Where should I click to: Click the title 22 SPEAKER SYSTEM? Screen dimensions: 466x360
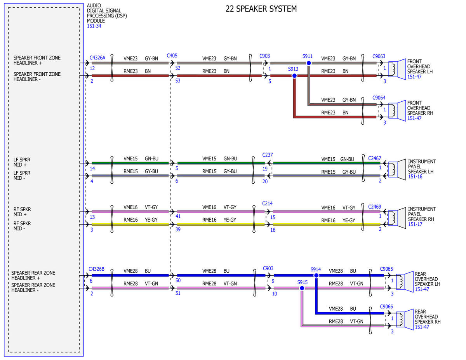click(261, 9)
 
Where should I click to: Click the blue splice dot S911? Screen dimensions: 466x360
click(309, 63)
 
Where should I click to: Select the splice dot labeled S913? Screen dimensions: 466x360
click(294, 76)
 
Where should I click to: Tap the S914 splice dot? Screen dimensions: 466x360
click(316, 275)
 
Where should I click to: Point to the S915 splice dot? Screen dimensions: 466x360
click(302, 288)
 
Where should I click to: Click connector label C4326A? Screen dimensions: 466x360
click(97, 58)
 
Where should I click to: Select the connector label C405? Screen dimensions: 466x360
click(172, 56)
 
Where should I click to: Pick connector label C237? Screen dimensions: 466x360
click(268, 155)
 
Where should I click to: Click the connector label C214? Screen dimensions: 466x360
click(267, 203)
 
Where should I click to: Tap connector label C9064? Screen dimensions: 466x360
click(379, 98)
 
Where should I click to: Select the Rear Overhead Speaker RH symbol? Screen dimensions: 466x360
click(405, 320)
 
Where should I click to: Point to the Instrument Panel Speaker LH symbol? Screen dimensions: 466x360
click(397, 169)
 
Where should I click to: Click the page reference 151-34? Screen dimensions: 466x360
click(94, 26)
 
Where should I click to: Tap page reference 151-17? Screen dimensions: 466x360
click(415, 224)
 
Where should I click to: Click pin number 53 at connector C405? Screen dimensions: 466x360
click(178, 81)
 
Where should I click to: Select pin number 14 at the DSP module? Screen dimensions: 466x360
click(92, 169)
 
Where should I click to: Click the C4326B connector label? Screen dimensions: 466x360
click(97, 269)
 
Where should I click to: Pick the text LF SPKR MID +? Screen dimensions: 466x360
click(22, 162)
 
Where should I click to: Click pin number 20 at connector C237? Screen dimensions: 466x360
click(265, 182)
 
